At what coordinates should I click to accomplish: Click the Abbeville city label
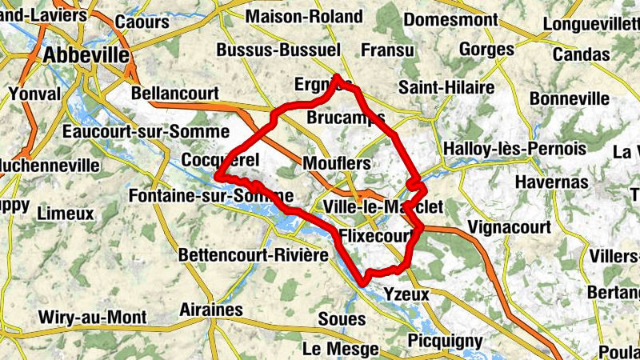tap(87, 55)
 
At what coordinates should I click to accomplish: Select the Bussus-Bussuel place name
tap(278, 50)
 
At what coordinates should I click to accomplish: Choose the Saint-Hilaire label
tap(436, 86)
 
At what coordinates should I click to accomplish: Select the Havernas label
tap(553, 182)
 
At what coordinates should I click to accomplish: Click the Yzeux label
tap(407, 294)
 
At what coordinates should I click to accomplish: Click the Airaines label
tap(211, 310)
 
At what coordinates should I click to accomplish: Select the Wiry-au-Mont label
tap(93, 317)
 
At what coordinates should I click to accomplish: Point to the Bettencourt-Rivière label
tap(254, 255)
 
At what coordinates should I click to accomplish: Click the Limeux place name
tap(66, 214)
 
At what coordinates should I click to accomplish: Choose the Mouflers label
tap(337, 164)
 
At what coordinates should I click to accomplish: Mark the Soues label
tap(342, 318)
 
